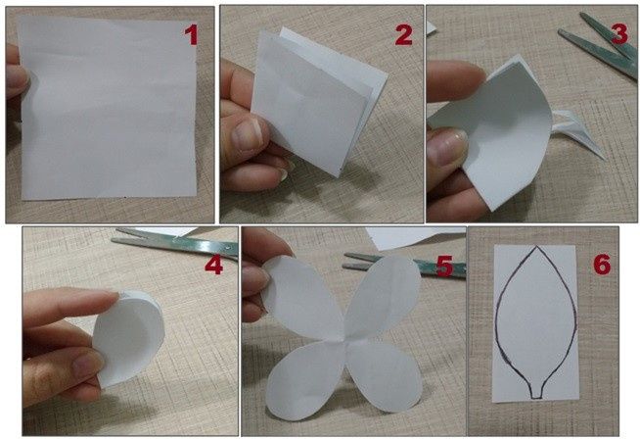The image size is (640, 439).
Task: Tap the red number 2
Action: coord(402,36)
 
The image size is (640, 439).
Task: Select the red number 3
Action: coord(618,32)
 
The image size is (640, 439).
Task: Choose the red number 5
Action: coord(444,266)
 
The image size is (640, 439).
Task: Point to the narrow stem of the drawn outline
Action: coord(536,391)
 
